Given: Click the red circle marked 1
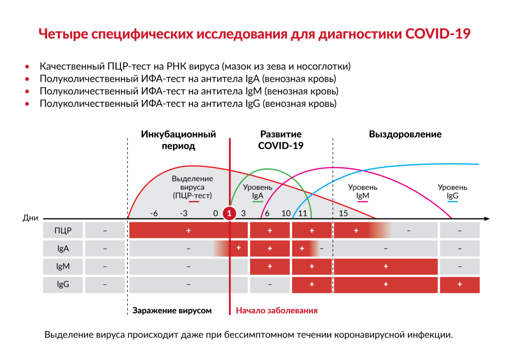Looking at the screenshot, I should (229, 213).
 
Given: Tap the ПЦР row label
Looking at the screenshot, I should (63, 231).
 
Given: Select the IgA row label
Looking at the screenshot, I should (63, 249).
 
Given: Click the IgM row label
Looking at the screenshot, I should (63, 267).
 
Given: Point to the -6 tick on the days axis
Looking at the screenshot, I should (154, 213).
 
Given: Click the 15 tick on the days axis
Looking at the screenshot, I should (344, 213).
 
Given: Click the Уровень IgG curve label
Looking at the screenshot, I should (453, 191).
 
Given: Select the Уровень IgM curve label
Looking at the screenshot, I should (363, 191).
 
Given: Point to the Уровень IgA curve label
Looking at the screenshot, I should (257, 191).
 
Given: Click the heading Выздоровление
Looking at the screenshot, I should (405, 134).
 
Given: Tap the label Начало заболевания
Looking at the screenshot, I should (277, 310).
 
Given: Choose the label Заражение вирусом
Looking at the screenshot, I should (172, 310).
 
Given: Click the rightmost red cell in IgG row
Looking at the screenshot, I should (459, 285).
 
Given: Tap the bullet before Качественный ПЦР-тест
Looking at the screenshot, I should (28, 67).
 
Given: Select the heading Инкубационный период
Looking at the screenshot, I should (178, 140).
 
